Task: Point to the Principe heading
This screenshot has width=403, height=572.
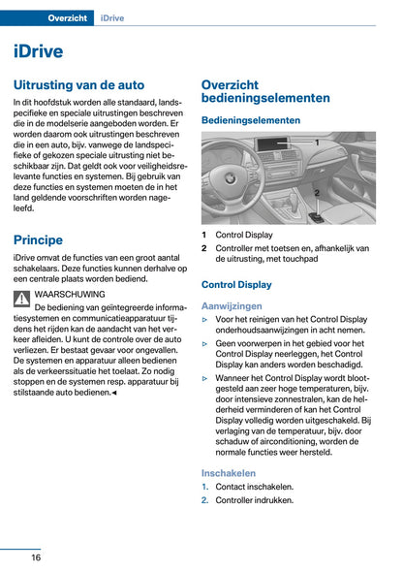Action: (39, 239)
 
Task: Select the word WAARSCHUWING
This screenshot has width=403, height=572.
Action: (69, 293)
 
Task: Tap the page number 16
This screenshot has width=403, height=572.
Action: (35, 557)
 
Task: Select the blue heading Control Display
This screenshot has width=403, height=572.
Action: (236, 285)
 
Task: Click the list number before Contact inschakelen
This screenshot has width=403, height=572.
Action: (205, 487)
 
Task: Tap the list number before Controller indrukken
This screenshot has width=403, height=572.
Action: (205, 500)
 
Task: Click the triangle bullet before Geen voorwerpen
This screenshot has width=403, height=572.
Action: (205, 343)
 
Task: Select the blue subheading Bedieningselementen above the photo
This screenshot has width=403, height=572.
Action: (251, 120)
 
